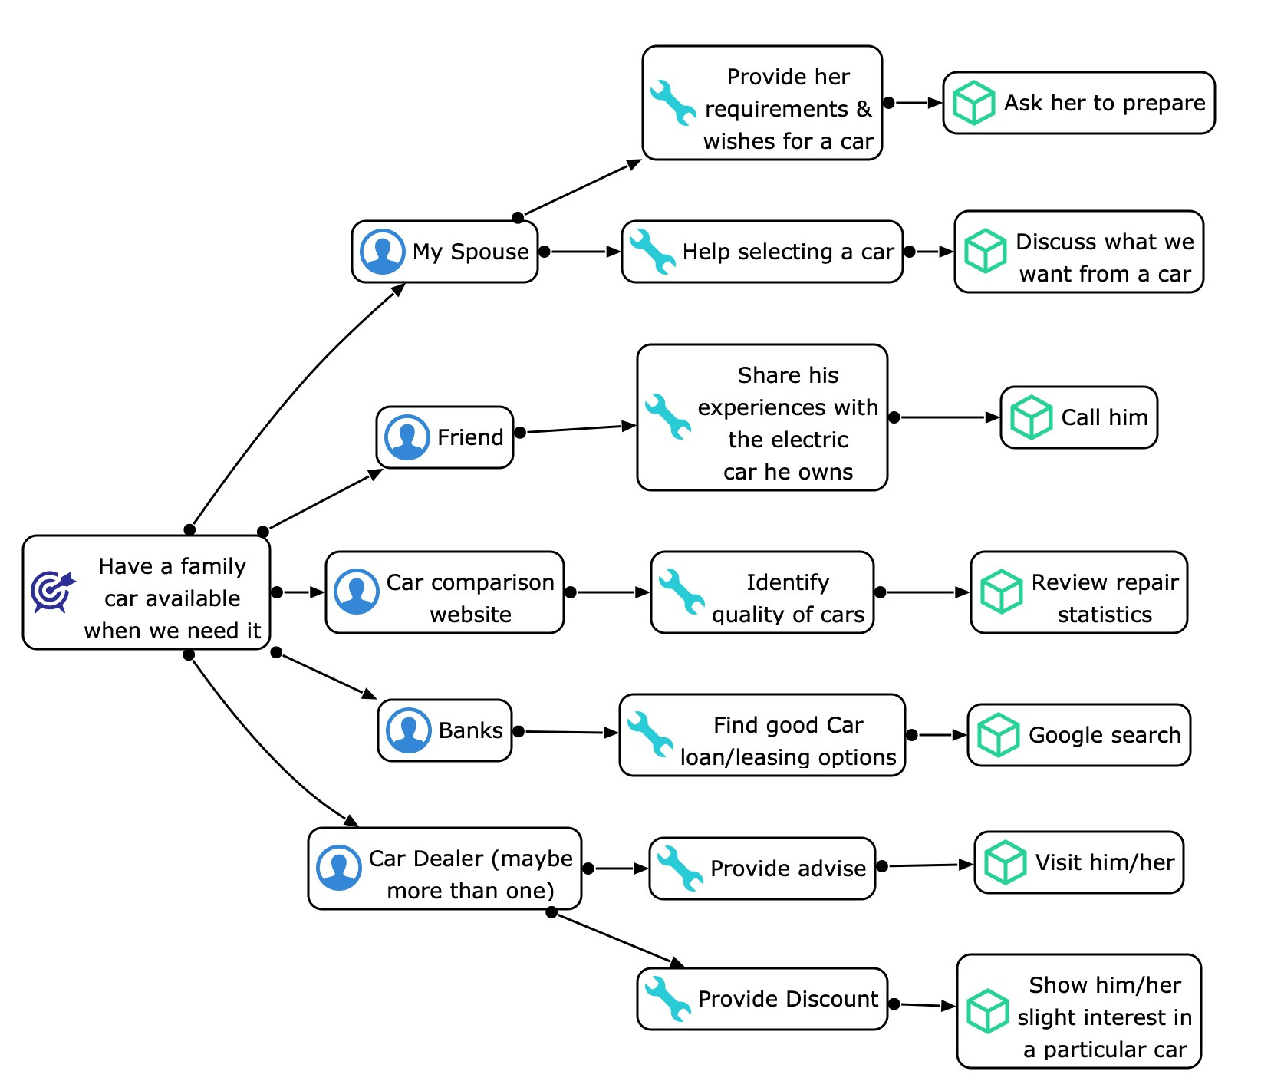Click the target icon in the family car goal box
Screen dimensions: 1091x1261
(x=53, y=592)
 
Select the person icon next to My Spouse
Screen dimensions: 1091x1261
(x=382, y=252)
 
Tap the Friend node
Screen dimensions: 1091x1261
(x=445, y=437)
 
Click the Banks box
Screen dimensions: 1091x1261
(x=445, y=730)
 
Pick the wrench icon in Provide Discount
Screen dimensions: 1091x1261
(x=667, y=998)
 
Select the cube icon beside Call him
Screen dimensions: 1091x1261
(x=1030, y=417)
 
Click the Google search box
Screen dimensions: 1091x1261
(x=1078, y=735)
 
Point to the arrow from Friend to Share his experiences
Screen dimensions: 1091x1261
(x=579, y=429)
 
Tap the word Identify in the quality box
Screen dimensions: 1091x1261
(x=788, y=582)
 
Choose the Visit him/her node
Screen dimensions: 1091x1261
(x=1078, y=862)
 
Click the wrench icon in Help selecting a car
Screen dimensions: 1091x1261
(x=651, y=252)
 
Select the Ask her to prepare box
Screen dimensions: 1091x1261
(x=1078, y=103)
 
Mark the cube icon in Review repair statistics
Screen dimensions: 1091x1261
(x=1001, y=592)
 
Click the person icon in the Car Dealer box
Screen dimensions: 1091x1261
(x=338, y=868)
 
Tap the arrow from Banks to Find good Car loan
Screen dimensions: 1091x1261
(x=569, y=732)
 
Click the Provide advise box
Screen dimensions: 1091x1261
(x=762, y=869)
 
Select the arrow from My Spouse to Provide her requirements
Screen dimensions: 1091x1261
(x=581, y=189)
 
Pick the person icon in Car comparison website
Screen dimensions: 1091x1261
(x=356, y=592)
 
